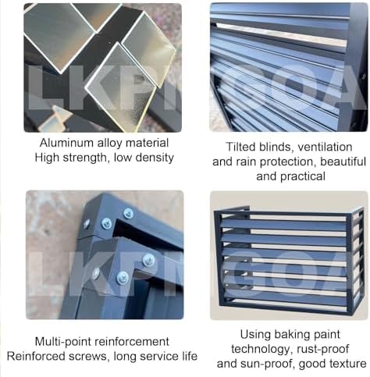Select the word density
[x=154, y=158]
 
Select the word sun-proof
[x=265, y=364]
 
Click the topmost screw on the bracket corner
[x=128, y=212]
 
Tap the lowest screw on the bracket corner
[x=123, y=277]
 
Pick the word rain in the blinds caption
[x=251, y=162]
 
